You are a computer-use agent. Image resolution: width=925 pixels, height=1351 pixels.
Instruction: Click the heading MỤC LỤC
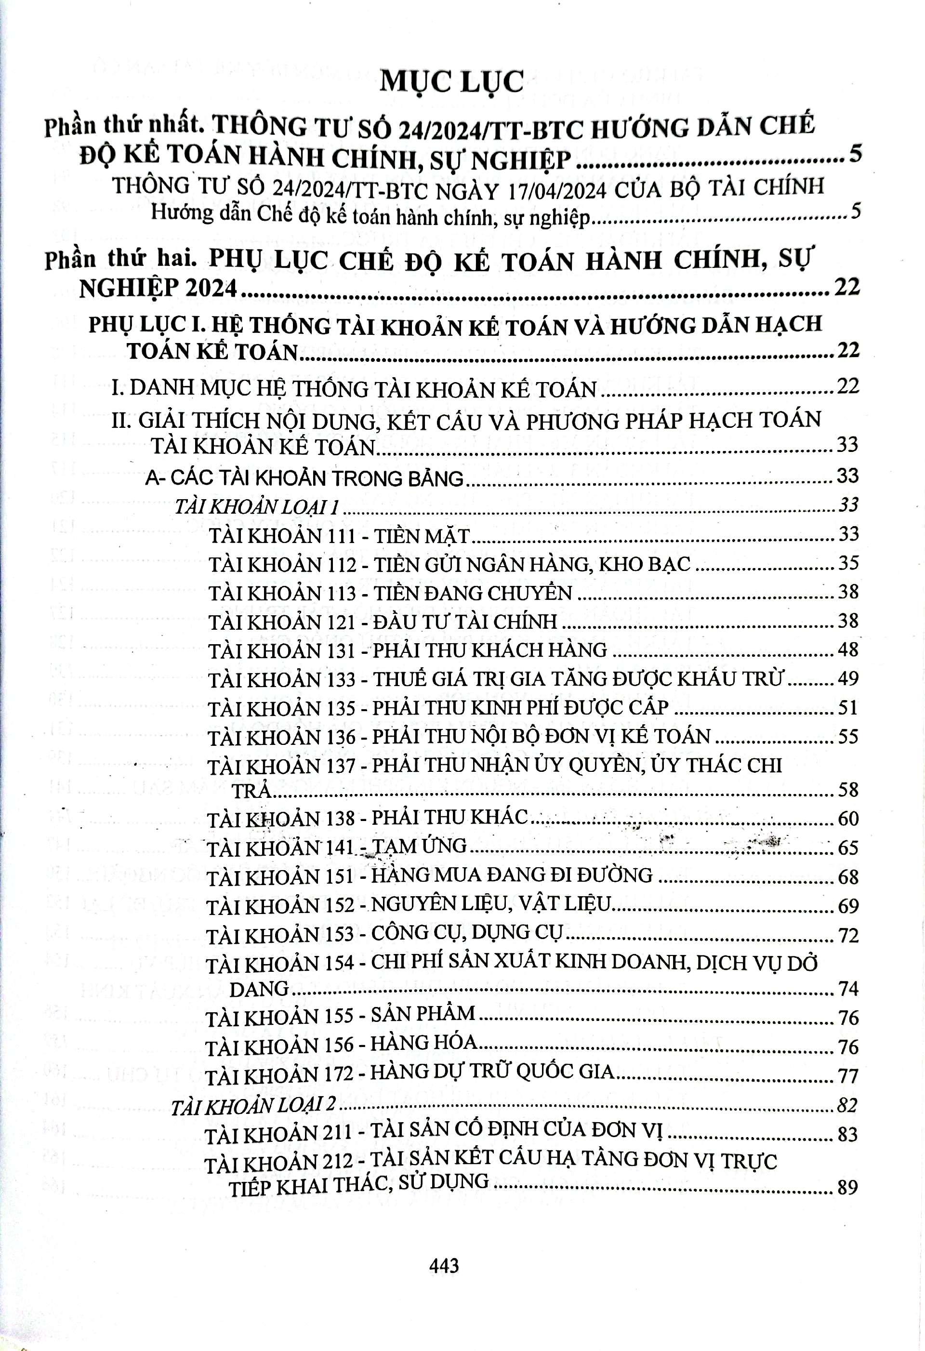click(x=451, y=82)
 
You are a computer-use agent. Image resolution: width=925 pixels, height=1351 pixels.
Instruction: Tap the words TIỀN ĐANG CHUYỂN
click(x=472, y=593)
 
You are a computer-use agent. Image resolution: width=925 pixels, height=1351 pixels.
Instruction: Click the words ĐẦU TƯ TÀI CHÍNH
click(x=465, y=622)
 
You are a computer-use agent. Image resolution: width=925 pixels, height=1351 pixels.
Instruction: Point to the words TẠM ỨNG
click(x=418, y=847)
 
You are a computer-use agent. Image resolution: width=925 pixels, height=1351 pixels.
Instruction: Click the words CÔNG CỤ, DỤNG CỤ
click(x=467, y=934)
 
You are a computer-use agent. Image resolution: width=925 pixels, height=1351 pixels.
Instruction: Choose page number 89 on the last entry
click(x=847, y=1187)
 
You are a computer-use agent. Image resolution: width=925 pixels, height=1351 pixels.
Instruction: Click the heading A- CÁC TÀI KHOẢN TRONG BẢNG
click(x=304, y=478)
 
